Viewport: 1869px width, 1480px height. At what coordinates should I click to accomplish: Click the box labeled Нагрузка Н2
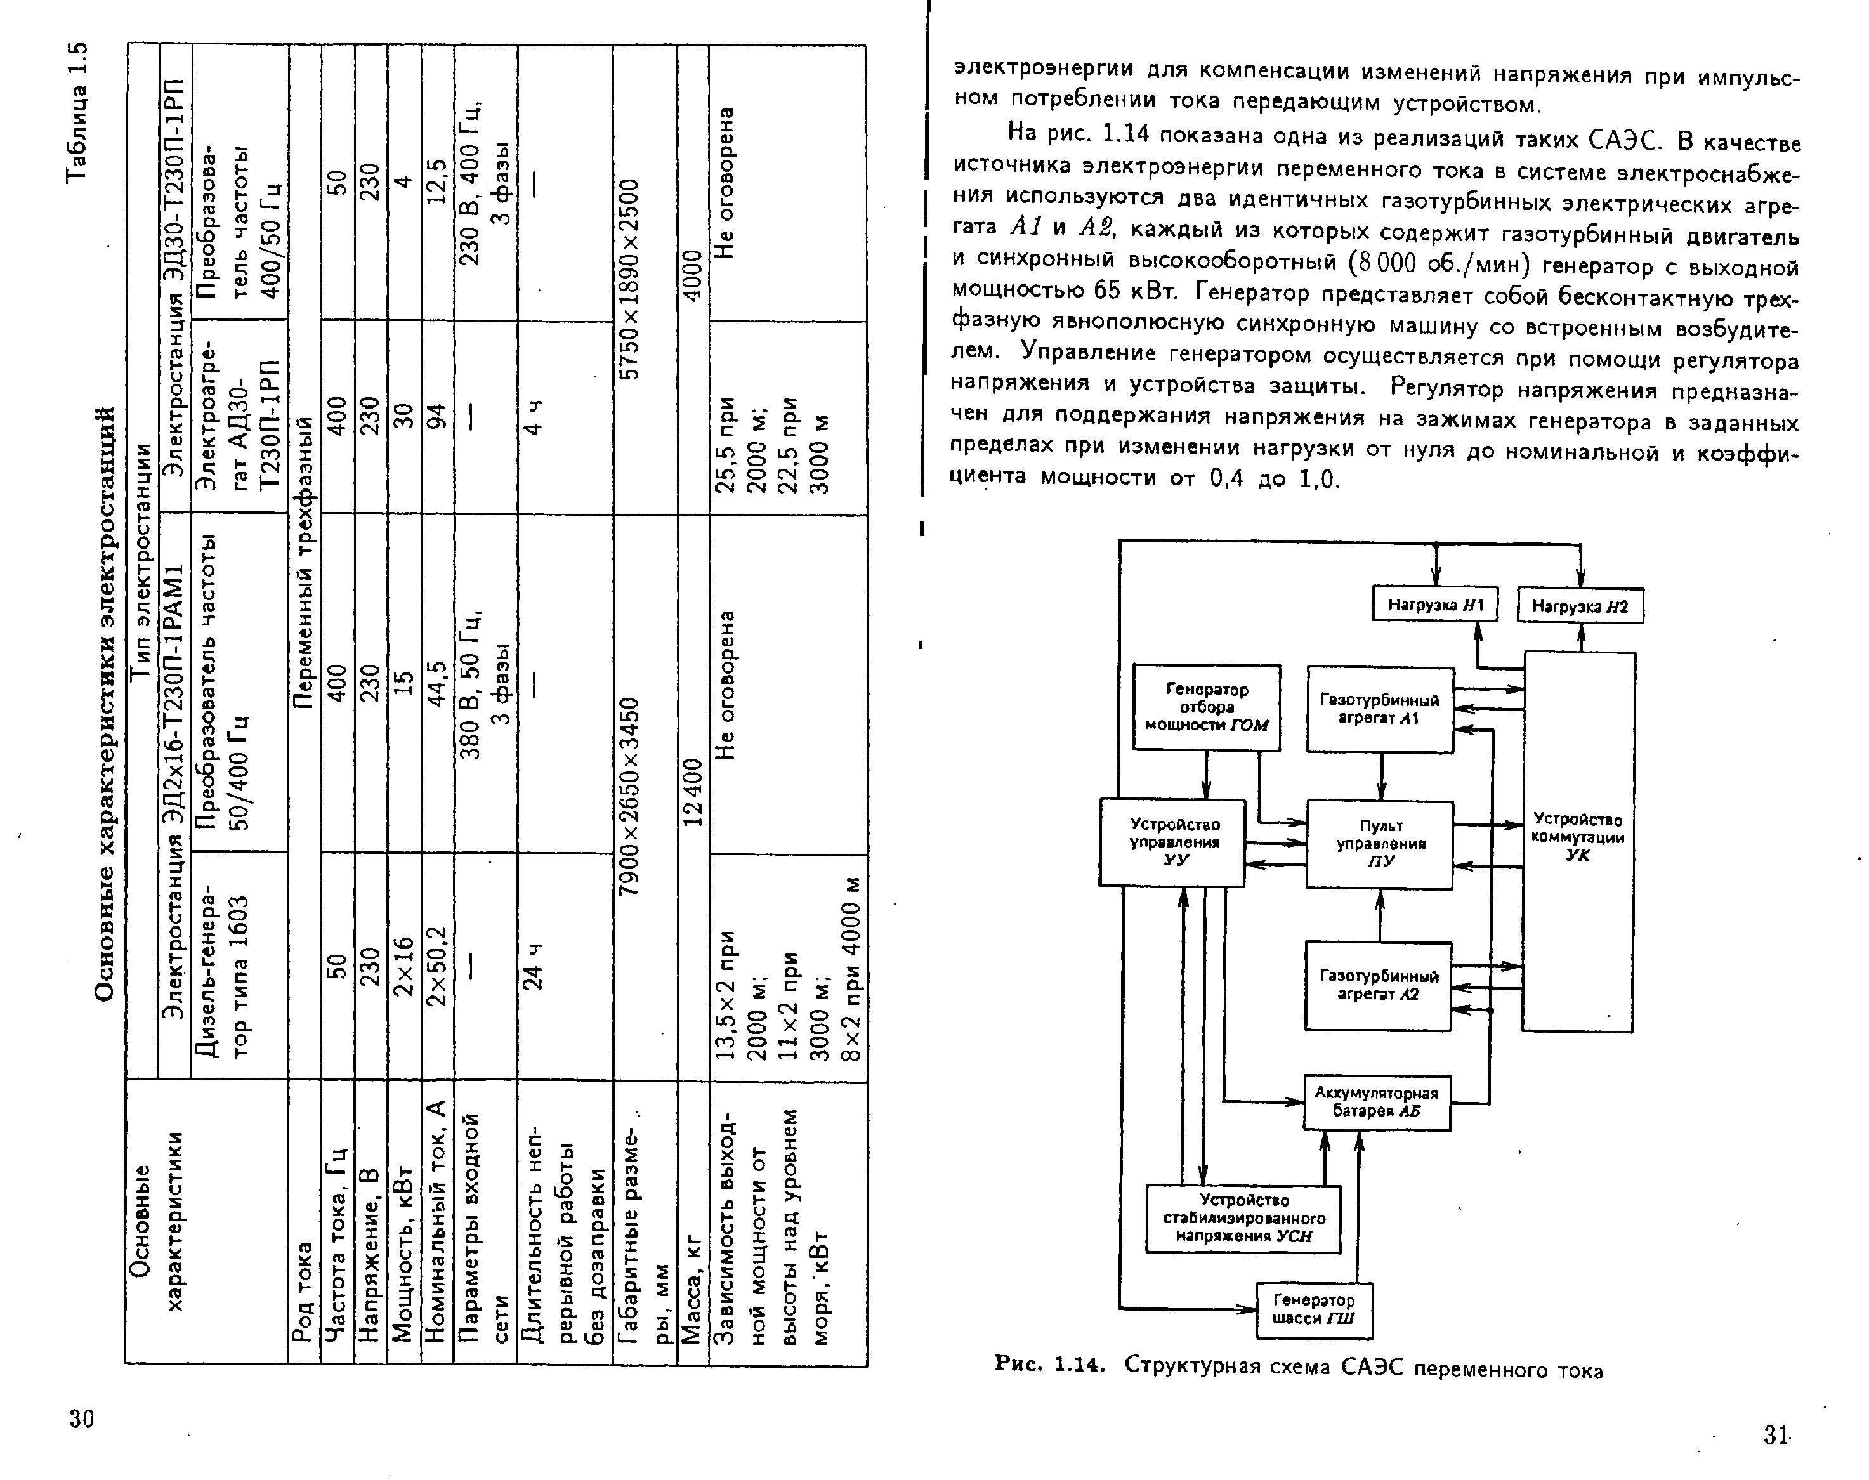tap(1580, 606)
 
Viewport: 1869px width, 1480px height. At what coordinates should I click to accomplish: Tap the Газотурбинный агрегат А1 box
tap(1379, 709)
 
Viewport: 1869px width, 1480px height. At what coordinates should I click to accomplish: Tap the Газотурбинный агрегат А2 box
tap(1378, 985)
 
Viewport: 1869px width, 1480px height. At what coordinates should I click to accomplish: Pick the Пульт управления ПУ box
tap(1379, 844)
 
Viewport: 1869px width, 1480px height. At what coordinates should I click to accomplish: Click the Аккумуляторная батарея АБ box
tap(1376, 1102)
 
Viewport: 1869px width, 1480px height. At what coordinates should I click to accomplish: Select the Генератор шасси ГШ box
tap(1314, 1309)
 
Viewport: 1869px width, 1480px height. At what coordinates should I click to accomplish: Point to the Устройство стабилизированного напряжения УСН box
tap(1243, 1218)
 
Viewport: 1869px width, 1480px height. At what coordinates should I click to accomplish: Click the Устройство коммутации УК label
tap(1577, 837)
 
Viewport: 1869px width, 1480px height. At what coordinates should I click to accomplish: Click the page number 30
tap(81, 1418)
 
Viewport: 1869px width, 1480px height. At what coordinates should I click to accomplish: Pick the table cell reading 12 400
tap(693, 792)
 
